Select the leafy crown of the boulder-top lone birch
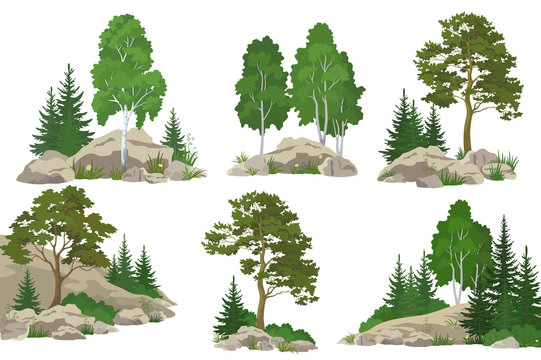point(127,66)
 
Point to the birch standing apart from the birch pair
point(262,85)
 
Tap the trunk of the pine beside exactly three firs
point(467,126)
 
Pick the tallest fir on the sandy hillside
point(124,261)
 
